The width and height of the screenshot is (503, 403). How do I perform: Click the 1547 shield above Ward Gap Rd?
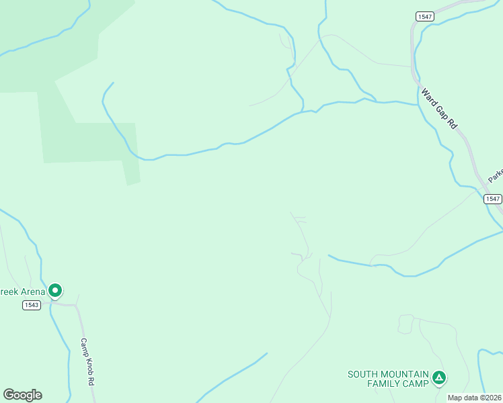click(424, 17)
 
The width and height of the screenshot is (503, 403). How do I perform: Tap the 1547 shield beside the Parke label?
click(492, 199)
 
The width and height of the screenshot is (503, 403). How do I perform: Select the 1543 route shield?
click(31, 305)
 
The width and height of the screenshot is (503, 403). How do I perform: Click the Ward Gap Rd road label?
click(439, 108)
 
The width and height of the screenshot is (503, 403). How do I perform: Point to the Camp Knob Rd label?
click(87, 361)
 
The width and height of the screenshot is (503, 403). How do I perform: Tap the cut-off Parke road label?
click(496, 175)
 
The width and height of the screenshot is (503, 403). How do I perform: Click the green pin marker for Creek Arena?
click(55, 291)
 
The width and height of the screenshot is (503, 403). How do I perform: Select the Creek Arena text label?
click(22, 291)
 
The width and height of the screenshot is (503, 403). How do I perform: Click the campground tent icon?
click(438, 379)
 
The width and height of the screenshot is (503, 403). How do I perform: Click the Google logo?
click(22, 395)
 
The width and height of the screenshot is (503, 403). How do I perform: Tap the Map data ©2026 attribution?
click(475, 398)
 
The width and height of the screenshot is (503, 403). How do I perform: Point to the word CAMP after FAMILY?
click(417, 384)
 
